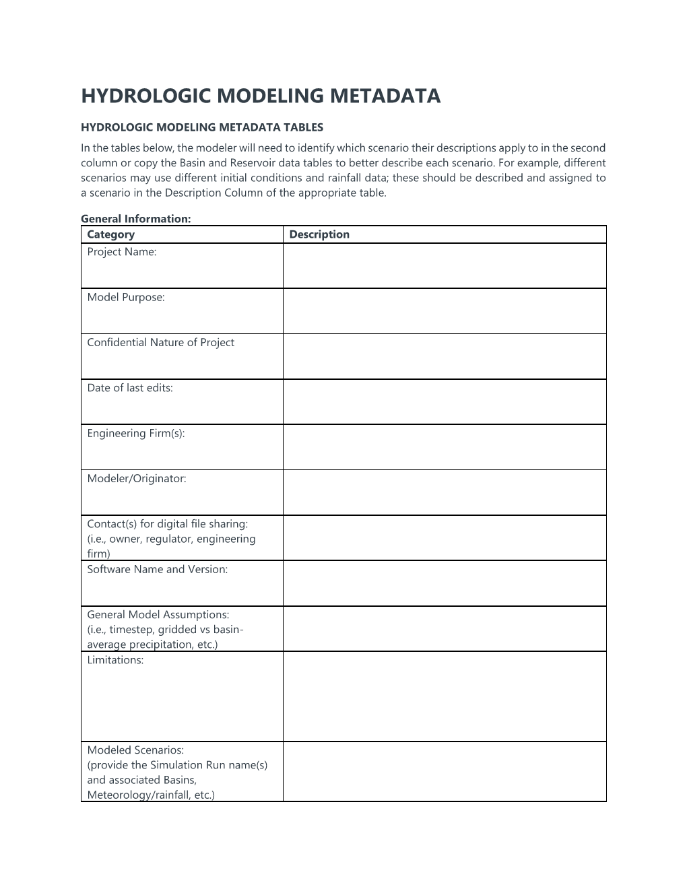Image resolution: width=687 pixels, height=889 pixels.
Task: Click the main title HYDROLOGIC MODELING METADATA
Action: coord(261,96)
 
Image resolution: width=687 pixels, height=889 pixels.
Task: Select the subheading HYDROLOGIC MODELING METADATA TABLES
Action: coord(202,127)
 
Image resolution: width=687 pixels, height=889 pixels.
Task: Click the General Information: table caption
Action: coord(136,218)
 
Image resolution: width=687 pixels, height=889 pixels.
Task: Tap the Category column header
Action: coord(111,234)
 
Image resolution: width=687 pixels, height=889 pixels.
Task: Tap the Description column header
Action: coord(319,234)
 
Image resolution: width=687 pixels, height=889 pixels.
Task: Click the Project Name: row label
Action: coord(122,252)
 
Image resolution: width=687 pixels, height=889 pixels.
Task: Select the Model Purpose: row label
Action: coord(126,297)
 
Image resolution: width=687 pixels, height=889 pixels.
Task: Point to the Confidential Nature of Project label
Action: coord(160,342)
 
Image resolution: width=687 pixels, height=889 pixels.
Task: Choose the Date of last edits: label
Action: coord(130,388)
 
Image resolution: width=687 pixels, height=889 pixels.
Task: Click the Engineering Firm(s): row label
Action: coord(136,433)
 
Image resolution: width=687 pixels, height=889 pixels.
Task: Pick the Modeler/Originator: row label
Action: coord(137,479)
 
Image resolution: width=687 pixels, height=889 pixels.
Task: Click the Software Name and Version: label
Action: coord(158,569)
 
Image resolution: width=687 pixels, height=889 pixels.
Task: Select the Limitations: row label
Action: coord(115,660)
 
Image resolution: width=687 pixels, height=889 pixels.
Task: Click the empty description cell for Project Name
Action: coord(445,266)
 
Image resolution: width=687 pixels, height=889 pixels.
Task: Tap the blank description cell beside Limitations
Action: coord(445,696)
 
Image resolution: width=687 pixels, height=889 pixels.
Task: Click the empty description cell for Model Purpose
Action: coord(445,311)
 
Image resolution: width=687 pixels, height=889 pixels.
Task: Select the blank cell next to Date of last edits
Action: coord(445,402)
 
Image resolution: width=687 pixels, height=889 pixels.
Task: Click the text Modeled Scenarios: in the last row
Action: coord(135,750)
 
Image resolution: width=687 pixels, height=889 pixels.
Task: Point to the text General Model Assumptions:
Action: coord(158,614)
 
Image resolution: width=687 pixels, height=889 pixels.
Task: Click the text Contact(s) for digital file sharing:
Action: coord(168,524)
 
